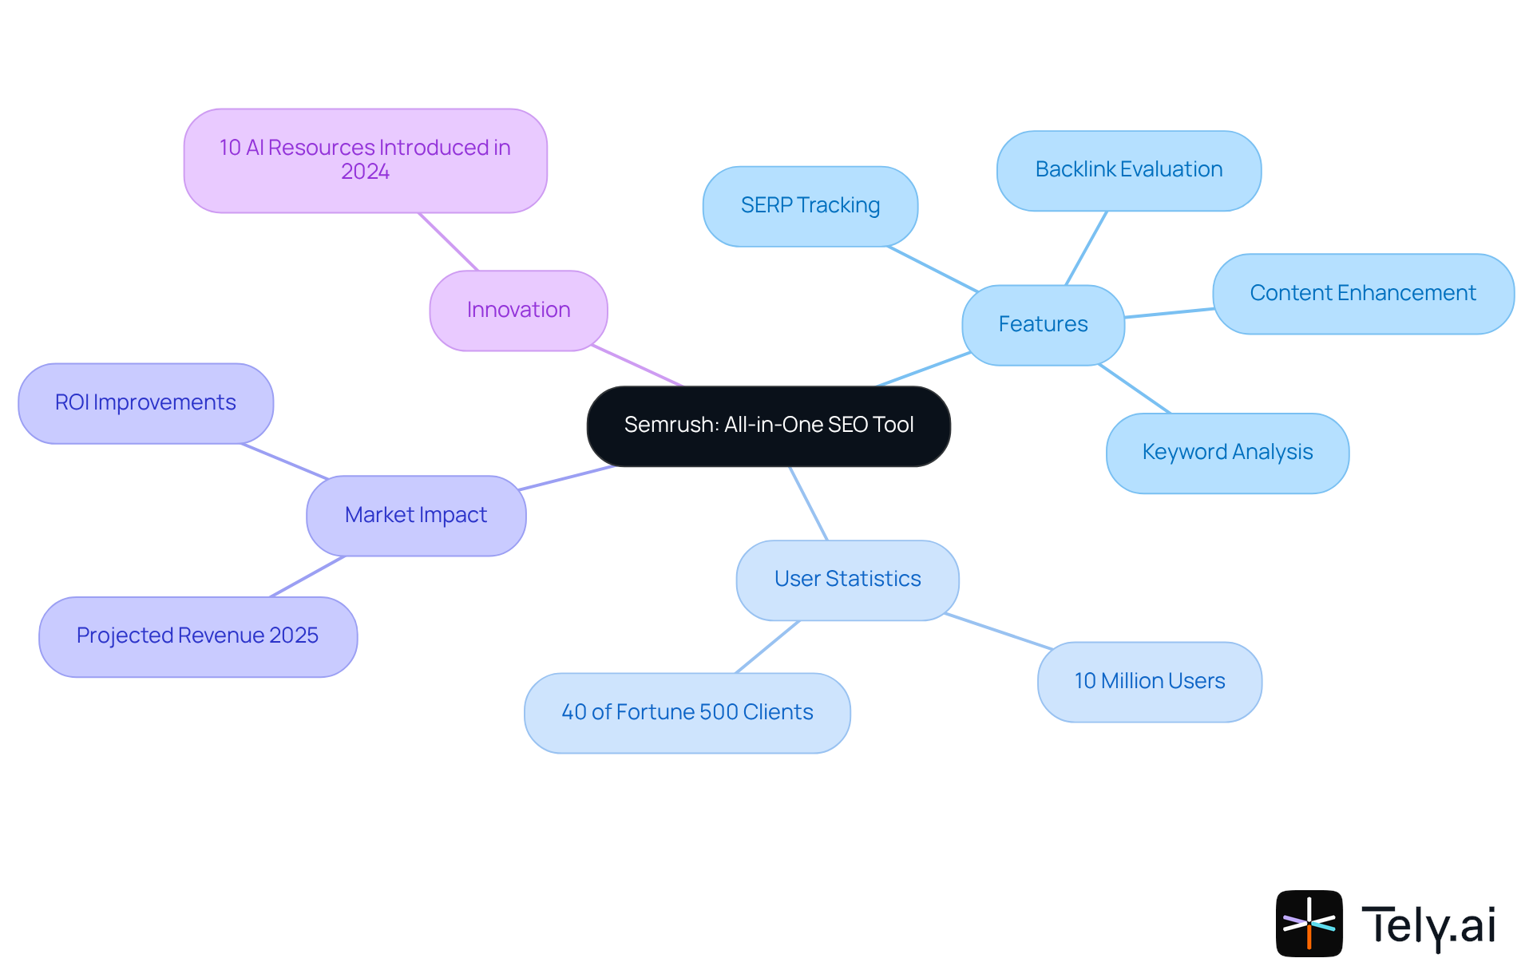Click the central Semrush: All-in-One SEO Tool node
coord(768,426)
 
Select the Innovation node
coord(518,310)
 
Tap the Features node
coord(1043,324)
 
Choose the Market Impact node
coord(415,515)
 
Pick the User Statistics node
coord(847,579)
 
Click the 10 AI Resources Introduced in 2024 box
coord(365,160)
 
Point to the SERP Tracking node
coord(810,205)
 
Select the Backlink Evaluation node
coord(1128,170)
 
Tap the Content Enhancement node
coord(1362,293)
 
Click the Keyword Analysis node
coord(1226,452)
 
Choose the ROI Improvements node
coord(145,402)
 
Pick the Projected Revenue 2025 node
coord(197,635)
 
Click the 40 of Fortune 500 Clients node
coord(687,712)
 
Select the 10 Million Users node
coord(1149,681)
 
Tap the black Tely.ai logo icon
coord(1309,923)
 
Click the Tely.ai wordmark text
coord(1428,925)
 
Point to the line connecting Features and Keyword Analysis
coord(1135,389)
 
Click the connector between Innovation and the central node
coord(637,366)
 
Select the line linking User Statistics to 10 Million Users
coord(998,631)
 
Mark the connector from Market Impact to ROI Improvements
coord(285,461)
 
